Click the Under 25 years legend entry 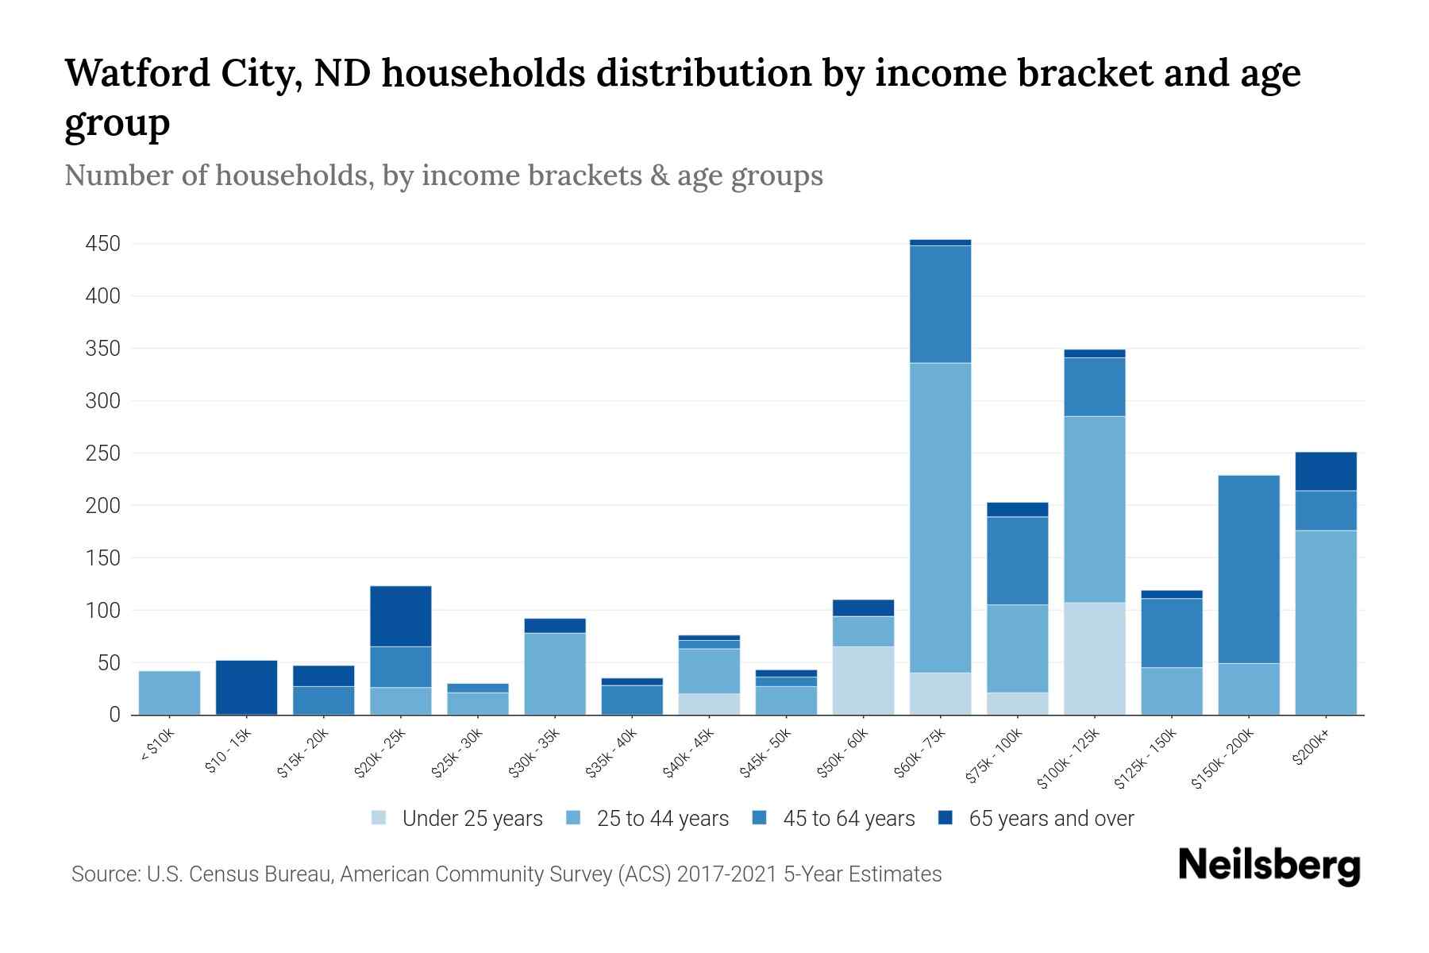(472, 819)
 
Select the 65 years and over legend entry (1050, 819)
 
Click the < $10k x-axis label (157, 746)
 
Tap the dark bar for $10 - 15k (246, 687)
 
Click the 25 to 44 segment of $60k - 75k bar (940, 516)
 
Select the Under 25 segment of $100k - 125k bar (1094, 658)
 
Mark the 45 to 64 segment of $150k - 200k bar (1249, 569)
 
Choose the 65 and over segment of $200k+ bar (1326, 471)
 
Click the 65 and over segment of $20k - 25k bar (400, 615)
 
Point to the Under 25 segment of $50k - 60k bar (863, 680)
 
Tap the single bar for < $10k (169, 693)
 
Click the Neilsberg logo (1269, 866)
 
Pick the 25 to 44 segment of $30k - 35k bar (555, 673)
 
